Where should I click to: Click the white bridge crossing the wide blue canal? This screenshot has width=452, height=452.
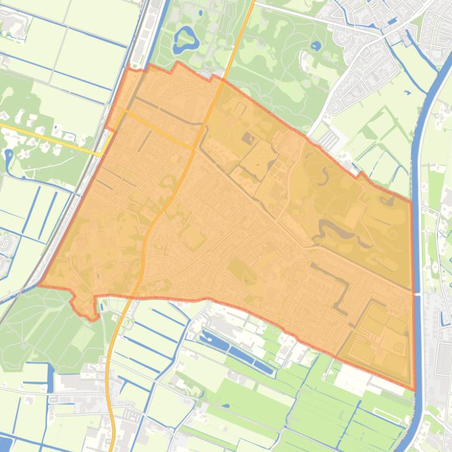click(418, 292)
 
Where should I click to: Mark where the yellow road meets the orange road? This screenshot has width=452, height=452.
click(194, 147)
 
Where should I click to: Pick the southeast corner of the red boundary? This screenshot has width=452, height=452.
click(414, 389)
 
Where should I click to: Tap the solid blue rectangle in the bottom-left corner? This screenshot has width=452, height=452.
click(5, 443)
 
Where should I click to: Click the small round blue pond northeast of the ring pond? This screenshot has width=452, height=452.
click(316, 45)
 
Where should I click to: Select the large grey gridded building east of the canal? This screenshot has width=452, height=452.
click(443, 358)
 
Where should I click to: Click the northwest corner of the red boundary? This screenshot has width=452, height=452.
click(128, 68)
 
